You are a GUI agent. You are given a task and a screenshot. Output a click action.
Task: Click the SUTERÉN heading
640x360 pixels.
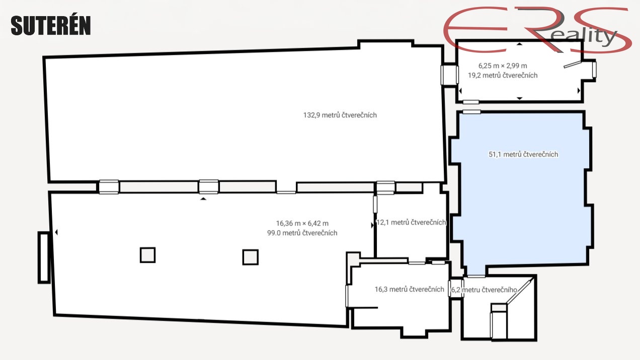51,25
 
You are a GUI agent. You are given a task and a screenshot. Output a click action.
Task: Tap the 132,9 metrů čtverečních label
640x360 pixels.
340,115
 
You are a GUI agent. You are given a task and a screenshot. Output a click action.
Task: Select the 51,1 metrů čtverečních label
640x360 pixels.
523,155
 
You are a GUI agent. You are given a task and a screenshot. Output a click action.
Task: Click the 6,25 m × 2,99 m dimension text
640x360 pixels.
503,66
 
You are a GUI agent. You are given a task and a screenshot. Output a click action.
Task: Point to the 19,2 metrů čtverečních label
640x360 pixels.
503,75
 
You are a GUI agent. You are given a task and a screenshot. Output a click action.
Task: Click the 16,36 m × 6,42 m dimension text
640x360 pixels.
302,224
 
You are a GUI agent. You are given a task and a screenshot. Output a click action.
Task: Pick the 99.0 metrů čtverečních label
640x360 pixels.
302,233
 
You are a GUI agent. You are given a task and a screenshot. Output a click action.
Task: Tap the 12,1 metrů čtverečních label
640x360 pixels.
411,222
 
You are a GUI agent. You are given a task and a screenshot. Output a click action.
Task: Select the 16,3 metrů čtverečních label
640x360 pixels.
410,290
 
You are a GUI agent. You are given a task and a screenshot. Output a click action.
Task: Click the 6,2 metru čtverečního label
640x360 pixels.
484,290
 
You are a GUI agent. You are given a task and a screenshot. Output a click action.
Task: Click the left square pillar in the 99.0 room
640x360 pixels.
148,255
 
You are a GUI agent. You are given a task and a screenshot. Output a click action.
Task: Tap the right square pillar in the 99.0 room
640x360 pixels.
251,257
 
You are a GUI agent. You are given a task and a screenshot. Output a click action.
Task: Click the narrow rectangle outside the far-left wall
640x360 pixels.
44,258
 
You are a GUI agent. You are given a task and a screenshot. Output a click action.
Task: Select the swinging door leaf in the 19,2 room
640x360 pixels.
572,64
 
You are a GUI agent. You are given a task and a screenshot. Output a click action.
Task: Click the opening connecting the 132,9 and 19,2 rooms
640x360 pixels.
449,75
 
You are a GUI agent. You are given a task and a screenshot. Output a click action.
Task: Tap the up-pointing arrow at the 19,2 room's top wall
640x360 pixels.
519,44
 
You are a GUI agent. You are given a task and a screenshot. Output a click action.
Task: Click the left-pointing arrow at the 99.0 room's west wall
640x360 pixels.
56,232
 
